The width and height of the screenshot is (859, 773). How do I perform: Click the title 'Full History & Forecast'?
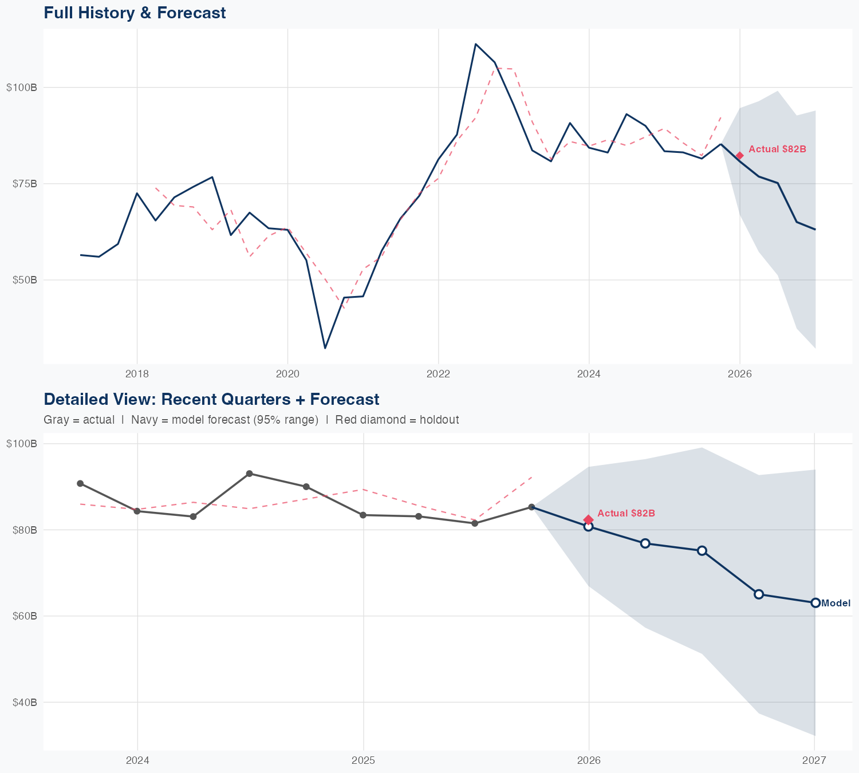click(135, 13)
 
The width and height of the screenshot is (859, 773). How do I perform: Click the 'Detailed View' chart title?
click(211, 399)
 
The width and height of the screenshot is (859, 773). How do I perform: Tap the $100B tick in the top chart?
click(22, 88)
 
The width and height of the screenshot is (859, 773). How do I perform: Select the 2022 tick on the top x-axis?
click(438, 374)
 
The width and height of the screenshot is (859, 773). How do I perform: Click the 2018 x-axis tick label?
click(137, 374)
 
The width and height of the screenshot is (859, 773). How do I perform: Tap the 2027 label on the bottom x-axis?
click(814, 760)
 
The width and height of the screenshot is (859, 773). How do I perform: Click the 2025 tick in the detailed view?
click(363, 760)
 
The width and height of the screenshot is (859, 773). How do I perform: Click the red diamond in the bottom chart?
click(588, 520)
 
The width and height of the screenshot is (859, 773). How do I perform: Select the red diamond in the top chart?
click(739, 156)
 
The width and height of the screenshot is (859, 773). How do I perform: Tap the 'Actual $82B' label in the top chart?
click(777, 149)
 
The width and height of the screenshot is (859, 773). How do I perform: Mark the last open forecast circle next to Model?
click(815, 603)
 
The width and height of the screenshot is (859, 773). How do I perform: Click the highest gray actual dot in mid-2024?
click(249, 474)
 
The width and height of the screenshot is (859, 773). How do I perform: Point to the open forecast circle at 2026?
click(588, 527)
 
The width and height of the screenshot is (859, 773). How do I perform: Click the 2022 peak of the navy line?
click(476, 44)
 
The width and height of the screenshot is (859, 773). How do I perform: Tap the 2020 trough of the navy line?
click(325, 348)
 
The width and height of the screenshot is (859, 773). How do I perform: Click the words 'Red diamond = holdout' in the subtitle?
click(397, 420)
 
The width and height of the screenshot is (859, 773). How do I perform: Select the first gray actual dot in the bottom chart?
click(80, 483)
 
